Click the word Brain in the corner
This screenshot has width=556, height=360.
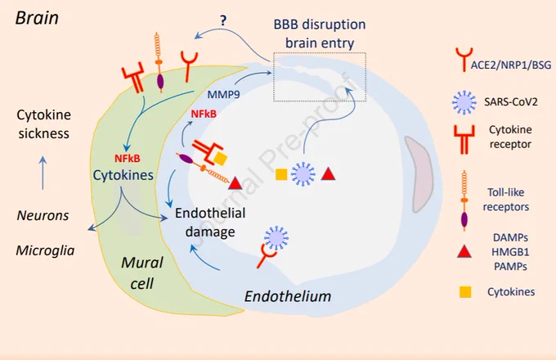tap(37, 18)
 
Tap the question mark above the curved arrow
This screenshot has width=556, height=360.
tap(223, 21)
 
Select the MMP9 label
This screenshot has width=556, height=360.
tap(223, 94)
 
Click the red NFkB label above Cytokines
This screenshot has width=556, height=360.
tap(128, 159)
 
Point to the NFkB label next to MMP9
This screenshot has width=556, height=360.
tap(204, 114)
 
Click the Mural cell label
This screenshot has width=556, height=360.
tap(141, 272)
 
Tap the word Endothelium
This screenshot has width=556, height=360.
tap(288, 296)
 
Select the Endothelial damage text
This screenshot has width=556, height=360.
tap(210, 223)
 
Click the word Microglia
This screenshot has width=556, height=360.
tap(46, 250)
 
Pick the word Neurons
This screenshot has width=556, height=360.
tap(43, 215)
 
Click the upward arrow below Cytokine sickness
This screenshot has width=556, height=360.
tap(43, 173)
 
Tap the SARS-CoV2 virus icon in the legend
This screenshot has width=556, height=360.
tap(464, 102)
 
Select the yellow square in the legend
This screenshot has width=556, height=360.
tap(465, 292)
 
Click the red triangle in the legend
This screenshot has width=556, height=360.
tap(464, 251)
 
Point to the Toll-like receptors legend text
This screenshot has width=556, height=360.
tap(506, 200)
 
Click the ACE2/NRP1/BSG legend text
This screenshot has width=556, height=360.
tap(511, 65)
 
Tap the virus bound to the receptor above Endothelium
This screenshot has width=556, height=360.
tap(276, 238)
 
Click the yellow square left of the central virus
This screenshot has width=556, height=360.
tap(281, 174)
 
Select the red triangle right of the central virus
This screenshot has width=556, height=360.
tap(329, 173)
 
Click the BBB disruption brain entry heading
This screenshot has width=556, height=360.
tap(320, 34)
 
